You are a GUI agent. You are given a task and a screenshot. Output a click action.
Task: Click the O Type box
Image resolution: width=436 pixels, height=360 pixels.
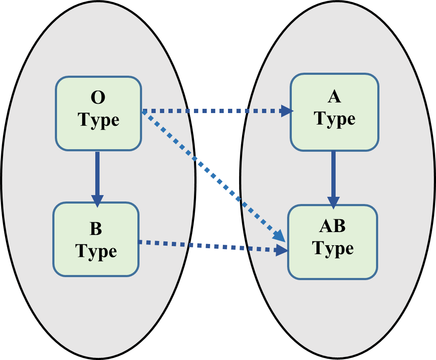click(x=98, y=113)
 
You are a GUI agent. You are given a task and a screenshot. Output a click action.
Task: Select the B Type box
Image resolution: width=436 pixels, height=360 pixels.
click(x=96, y=239)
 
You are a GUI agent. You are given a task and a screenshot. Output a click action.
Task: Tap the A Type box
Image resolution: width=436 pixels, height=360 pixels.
click(x=334, y=112)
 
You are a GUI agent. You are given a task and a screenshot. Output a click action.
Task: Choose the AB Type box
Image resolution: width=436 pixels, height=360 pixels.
click(x=333, y=242)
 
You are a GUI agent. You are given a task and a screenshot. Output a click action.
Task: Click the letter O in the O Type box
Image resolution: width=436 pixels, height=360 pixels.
click(x=98, y=98)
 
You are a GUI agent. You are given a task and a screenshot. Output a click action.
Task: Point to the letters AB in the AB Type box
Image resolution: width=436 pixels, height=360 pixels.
click(x=332, y=227)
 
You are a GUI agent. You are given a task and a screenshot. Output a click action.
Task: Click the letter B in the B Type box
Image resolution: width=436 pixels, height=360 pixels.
click(x=96, y=229)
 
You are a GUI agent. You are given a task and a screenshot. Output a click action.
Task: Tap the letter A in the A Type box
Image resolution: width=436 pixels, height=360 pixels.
click(x=334, y=97)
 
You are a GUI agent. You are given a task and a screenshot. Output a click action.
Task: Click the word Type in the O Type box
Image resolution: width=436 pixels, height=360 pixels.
click(x=99, y=121)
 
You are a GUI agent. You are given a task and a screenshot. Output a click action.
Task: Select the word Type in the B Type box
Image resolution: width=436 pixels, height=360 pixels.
click(x=96, y=251)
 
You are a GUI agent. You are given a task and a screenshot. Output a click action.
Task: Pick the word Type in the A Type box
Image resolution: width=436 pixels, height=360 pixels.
click(x=335, y=119)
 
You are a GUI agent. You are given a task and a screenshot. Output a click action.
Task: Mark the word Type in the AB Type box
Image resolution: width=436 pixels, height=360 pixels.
click(x=333, y=249)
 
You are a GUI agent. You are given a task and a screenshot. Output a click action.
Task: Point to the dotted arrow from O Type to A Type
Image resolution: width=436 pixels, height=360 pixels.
click(x=213, y=111)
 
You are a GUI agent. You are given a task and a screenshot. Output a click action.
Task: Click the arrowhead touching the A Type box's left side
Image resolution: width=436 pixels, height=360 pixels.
click(x=288, y=111)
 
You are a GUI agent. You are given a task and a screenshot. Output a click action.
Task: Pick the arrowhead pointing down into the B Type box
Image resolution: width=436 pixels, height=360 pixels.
click(x=97, y=201)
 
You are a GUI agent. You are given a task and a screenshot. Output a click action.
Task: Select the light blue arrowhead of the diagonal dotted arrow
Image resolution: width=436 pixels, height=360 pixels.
click(x=279, y=236)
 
